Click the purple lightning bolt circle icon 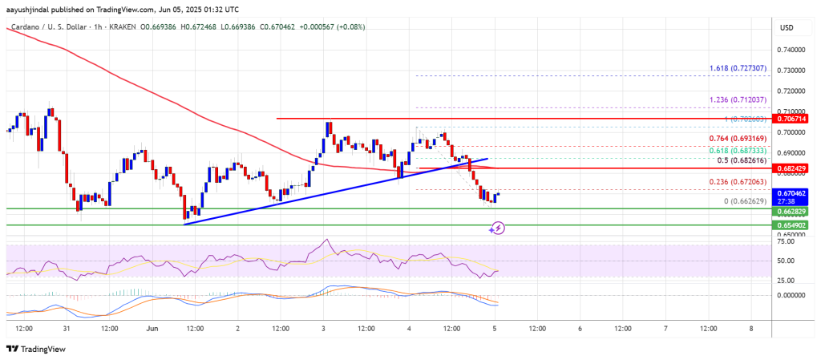tap(497, 229)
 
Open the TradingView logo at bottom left tap(38, 349)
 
